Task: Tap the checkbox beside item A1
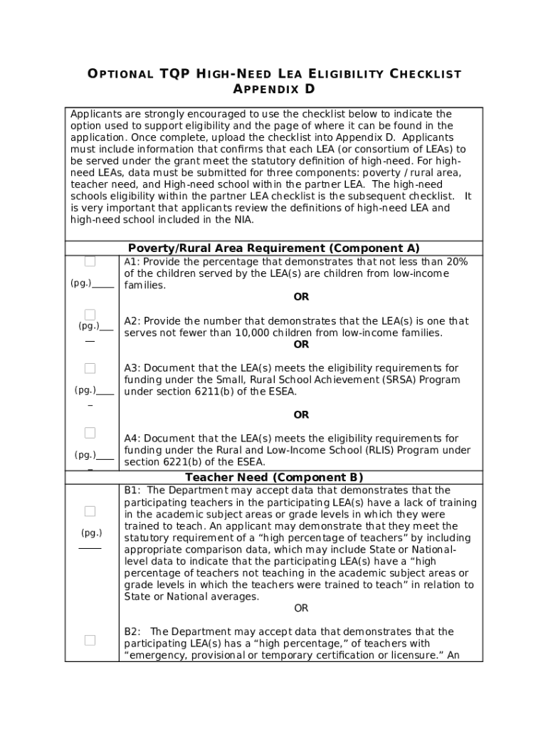90,261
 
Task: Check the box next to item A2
90,315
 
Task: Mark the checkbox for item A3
90,368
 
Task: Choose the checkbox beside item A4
90,433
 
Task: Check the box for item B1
90,511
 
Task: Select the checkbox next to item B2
90,640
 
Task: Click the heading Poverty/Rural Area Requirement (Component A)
273,248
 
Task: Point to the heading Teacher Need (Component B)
273,478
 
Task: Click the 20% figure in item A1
456,262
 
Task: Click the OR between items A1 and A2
301,297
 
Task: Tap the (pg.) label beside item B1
91,533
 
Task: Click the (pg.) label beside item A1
80,283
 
